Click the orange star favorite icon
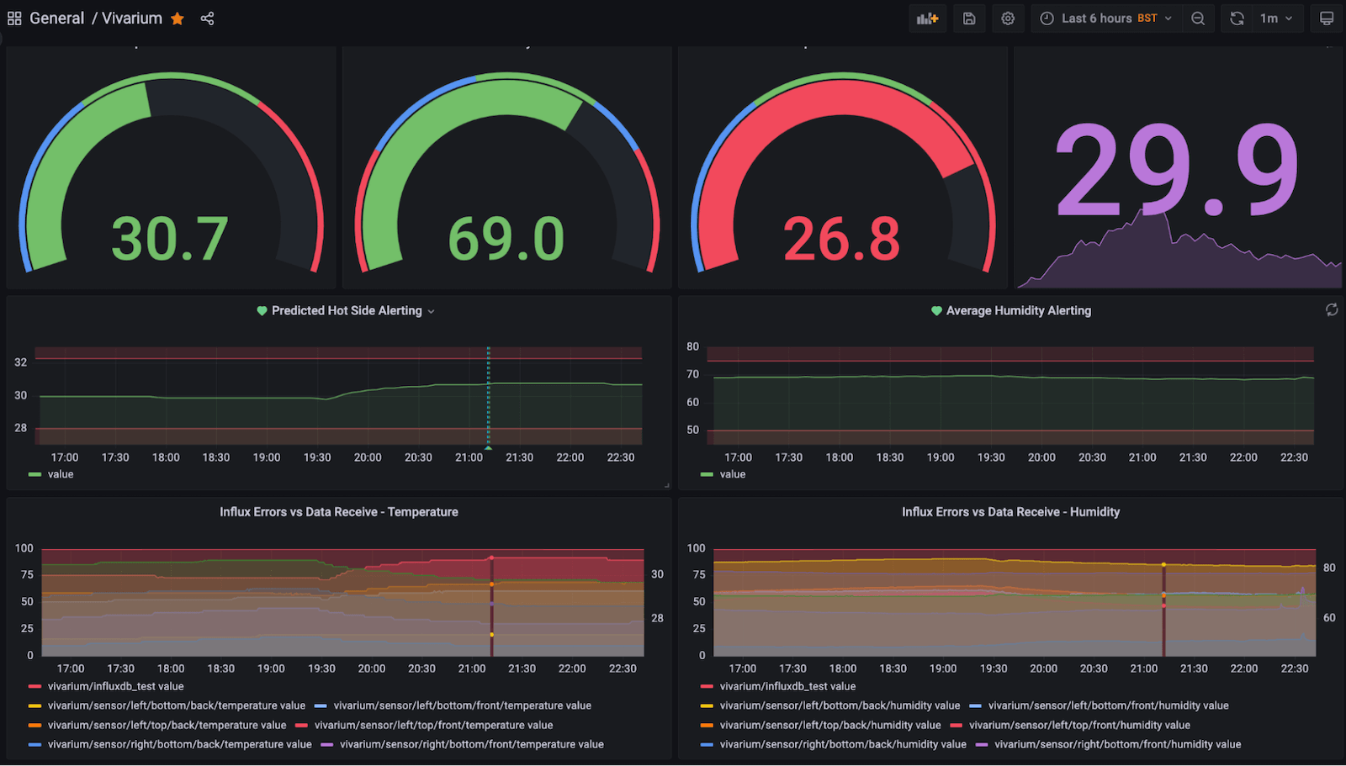[x=178, y=18]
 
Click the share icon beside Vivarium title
[x=207, y=18]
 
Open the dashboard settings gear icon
[x=1008, y=18]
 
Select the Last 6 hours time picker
[x=1105, y=18]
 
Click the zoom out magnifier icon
[x=1198, y=18]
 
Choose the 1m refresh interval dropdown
[x=1275, y=18]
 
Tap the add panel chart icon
[x=927, y=18]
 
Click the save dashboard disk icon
[x=969, y=18]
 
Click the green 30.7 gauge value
[x=170, y=239]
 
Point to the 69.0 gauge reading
[x=506, y=239]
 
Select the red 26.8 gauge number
[x=841, y=239]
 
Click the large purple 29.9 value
[x=1176, y=172]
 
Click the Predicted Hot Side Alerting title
[x=347, y=311]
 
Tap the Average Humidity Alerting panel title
[x=1018, y=311]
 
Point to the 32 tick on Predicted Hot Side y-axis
[x=21, y=362]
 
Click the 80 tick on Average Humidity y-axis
[x=692, y=346]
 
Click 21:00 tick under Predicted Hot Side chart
[x=469, y=457]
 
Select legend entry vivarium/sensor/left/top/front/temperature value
[x=433, y=725]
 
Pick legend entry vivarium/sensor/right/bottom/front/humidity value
[x=1117, y=744]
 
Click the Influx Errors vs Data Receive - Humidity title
[x=1010, y=512]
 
